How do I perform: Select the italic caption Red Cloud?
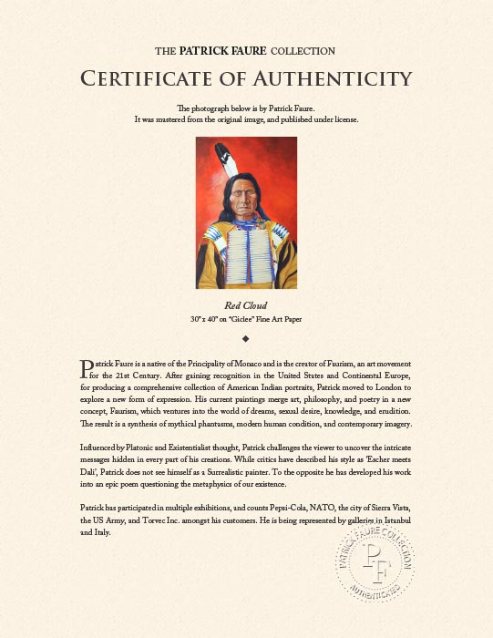click(246, 305)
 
